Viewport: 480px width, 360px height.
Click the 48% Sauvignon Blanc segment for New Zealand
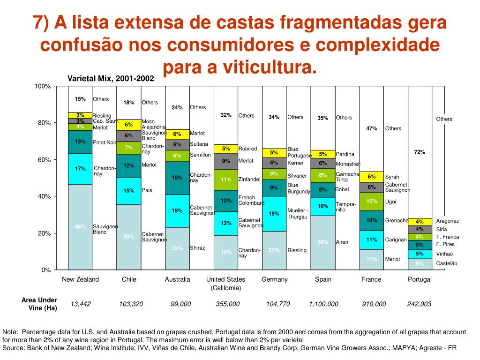point(80,227)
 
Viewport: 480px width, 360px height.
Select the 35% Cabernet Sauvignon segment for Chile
point(129,237)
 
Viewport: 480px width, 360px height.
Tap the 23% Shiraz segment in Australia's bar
point(177,248)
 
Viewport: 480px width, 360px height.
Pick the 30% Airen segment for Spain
point(323,242)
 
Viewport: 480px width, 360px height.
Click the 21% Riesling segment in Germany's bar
point(274,250)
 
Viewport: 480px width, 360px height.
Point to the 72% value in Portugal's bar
point(420,152)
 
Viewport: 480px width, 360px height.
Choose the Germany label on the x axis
point(274,279)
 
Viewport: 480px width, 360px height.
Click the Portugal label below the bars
point(420,279)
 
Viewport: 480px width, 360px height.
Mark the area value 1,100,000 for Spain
point(323,304)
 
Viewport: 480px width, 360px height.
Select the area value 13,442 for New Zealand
point(81,304)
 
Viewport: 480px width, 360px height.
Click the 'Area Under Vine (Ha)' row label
point(39,304)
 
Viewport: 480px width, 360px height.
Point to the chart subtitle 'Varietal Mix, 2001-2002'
point(111,78)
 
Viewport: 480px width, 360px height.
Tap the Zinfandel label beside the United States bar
point(249,180)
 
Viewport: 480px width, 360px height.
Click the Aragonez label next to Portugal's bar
point(447,221)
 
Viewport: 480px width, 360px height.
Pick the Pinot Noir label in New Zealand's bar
point(104,142)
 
